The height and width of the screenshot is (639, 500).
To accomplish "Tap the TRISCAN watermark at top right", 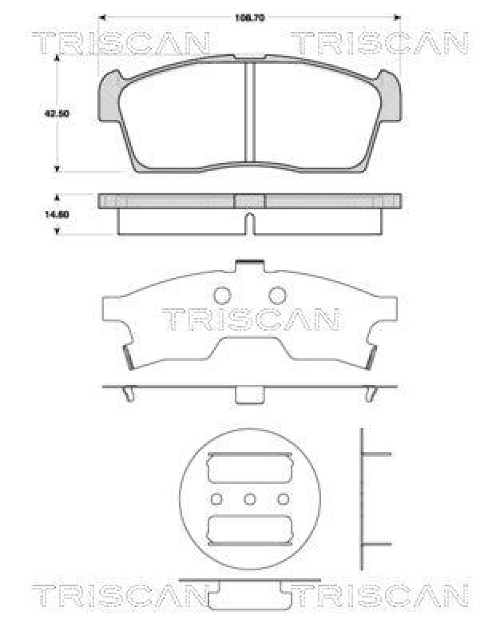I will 378,43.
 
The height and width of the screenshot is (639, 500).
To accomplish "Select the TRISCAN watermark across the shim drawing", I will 250,319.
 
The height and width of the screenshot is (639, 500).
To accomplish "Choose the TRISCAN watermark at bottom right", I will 378,595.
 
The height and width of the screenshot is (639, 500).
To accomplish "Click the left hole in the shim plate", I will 223,295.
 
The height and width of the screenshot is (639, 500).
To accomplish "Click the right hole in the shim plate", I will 276,295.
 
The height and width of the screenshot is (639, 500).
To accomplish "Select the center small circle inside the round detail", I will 249,499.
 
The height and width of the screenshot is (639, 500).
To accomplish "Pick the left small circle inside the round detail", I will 216,499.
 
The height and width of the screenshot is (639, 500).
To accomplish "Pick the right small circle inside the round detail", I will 283,499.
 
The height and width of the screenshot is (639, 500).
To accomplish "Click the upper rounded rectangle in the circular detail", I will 249,469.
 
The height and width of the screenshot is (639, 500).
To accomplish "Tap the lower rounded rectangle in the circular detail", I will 249,529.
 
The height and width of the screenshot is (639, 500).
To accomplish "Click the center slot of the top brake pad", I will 250,112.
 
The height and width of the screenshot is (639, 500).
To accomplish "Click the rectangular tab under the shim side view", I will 249,395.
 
